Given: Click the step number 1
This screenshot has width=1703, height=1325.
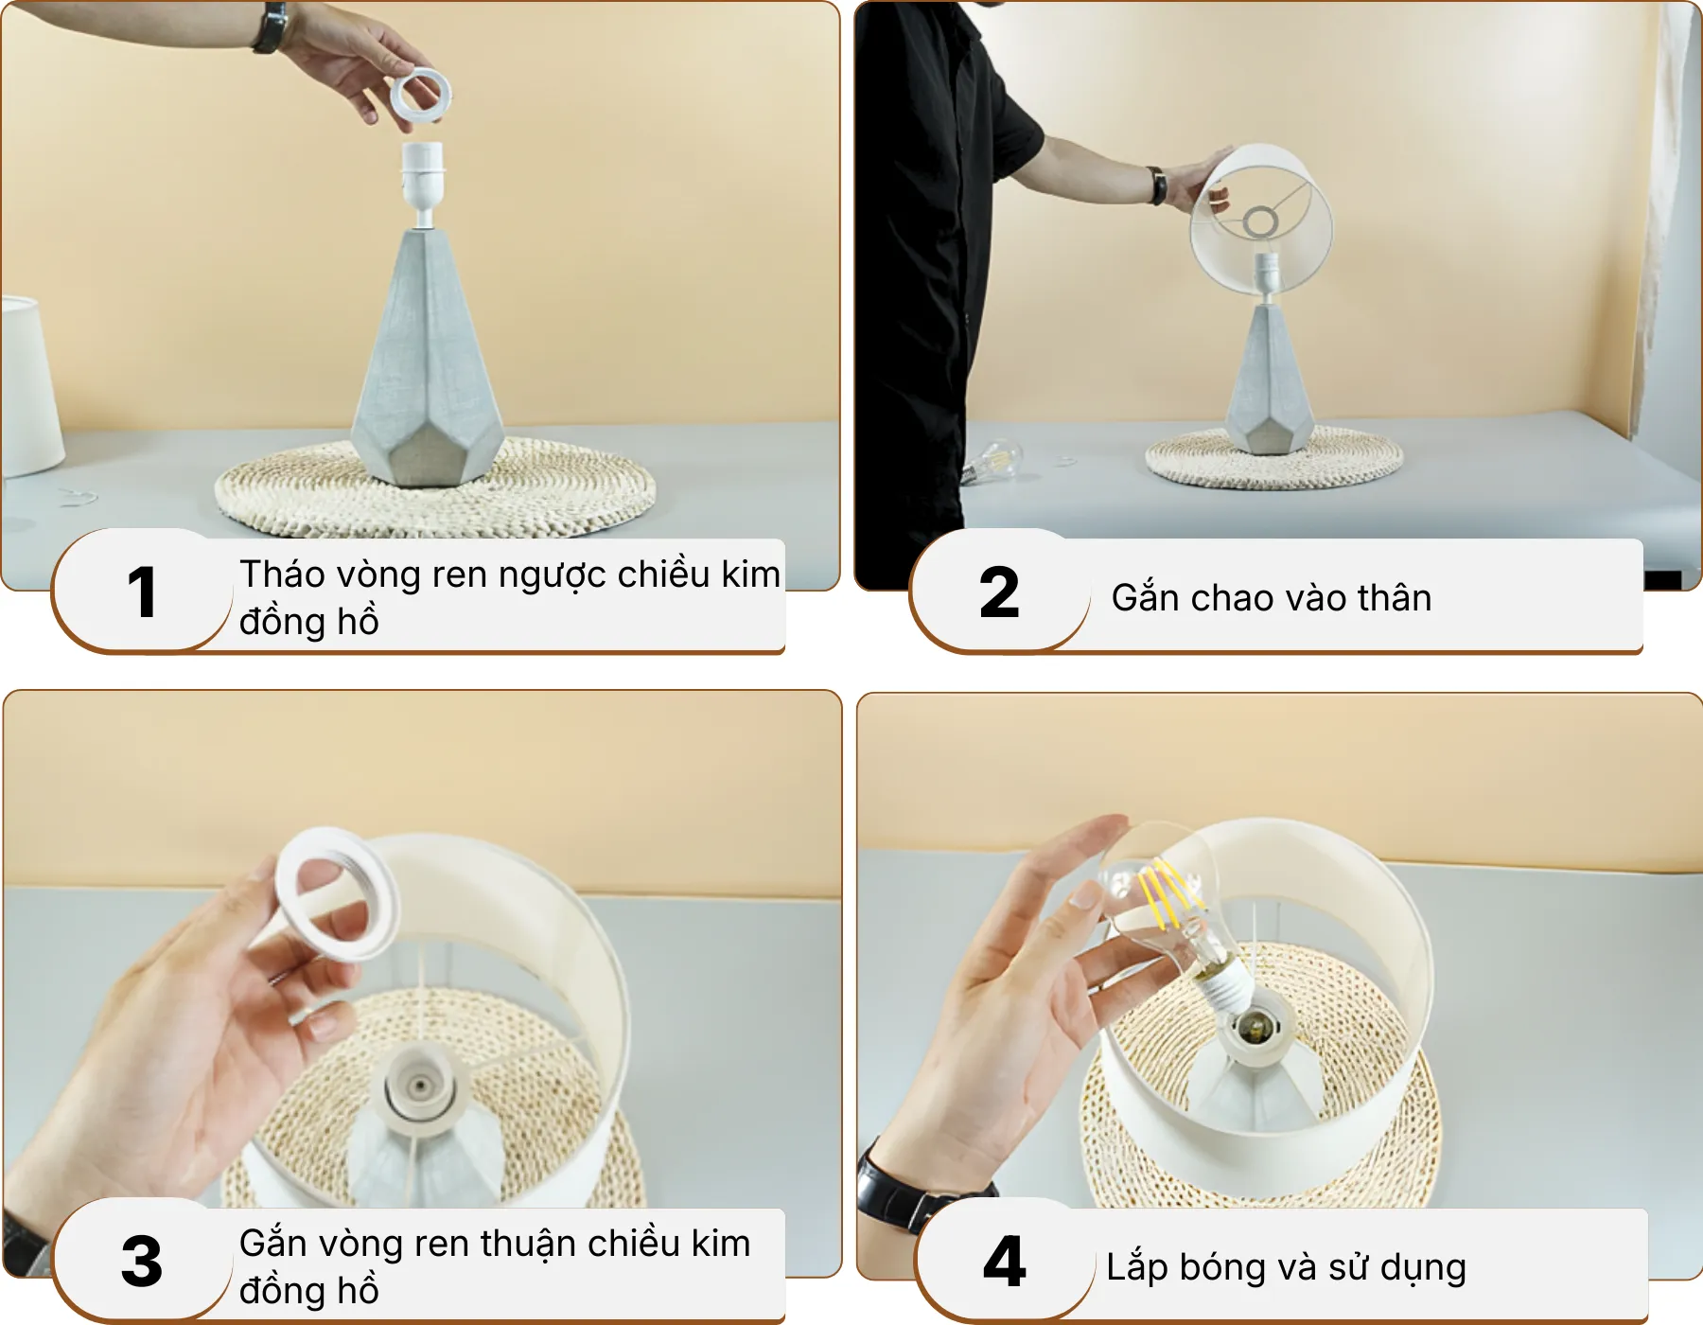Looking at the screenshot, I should [x=142, y=593].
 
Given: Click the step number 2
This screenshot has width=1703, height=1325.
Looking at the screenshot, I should [x=999, y=593].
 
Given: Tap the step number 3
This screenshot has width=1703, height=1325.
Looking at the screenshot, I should [x=142, y=1262].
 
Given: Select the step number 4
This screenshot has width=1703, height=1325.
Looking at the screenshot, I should [x=1004, y=1262].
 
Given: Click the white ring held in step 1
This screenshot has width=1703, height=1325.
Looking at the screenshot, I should [x=421, y=95].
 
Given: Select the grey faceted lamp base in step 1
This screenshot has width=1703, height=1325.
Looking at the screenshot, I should [x=428, y=369].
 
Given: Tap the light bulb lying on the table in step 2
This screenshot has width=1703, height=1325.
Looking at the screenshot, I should [x=993, y=461].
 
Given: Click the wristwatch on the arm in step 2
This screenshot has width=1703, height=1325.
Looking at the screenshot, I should [x=1157, y=185].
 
